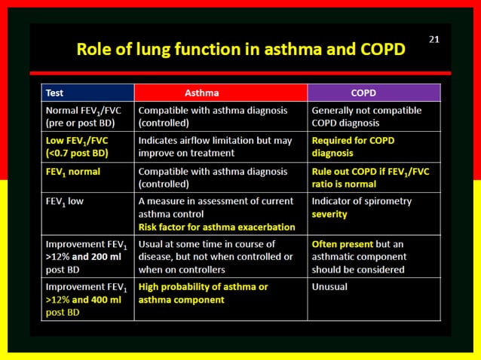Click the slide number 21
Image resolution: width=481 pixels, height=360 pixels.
434,39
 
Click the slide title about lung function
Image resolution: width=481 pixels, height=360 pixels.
240,50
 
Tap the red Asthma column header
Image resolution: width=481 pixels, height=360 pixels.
202,93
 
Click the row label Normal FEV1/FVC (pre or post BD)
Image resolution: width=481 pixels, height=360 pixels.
82,117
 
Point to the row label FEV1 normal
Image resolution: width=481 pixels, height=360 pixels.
73,172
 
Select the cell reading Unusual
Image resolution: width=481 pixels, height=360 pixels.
329,287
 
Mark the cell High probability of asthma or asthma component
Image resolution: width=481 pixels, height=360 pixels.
203,293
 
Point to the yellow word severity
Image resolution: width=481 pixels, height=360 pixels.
329,214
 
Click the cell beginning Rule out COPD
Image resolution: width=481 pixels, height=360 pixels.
370,177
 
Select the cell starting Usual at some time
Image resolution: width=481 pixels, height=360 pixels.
215,257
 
